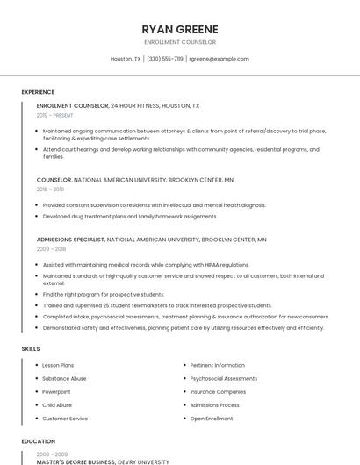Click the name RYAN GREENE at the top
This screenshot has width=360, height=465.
tap(180, 29)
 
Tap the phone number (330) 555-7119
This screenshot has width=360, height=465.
tap(165, 59)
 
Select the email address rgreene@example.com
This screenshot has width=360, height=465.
tap(220, 59)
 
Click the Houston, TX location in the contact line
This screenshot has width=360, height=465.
tap(126, 59)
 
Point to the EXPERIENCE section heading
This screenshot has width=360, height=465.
tap(38, 92)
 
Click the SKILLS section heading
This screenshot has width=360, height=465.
tap(31, 349)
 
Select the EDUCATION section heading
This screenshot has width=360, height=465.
tap(39, 441)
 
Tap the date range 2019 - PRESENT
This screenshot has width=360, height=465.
tap(55, 115)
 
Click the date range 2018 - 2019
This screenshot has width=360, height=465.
tap(50, 189)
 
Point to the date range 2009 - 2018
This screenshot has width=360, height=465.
tap(50, 249)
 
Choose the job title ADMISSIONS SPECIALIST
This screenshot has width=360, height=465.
tap(70, 240)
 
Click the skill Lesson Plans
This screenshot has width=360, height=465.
tap(58, 365)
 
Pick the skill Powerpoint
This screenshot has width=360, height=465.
tap(55, 392)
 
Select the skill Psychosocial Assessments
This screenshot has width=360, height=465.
tap(224, 379)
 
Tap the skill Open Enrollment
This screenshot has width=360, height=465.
tap(212, 419)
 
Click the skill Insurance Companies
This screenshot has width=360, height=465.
tap(218, 392)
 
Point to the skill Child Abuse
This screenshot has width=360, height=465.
tap(57, 405)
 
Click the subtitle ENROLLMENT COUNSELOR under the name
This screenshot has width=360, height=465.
tap(180, 42)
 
